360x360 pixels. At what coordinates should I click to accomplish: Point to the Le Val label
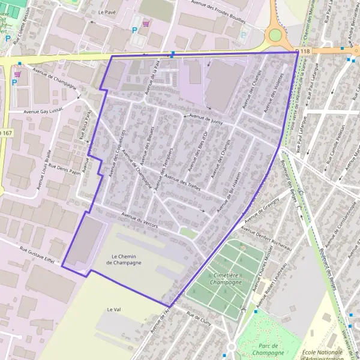point(114,309)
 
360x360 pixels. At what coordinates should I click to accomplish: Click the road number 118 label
point(305,52)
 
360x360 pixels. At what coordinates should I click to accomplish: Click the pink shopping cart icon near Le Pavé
point(146,25)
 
